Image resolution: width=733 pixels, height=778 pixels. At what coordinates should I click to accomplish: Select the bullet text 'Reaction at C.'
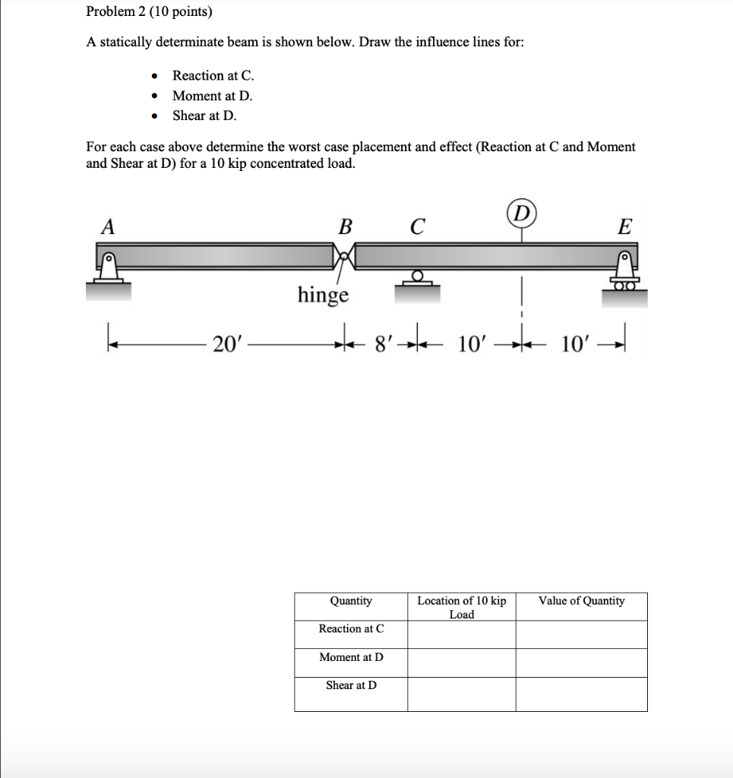213,75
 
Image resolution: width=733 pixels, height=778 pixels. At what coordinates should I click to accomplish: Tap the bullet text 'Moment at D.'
212,96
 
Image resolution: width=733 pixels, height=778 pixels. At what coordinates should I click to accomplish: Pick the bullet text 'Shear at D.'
204,115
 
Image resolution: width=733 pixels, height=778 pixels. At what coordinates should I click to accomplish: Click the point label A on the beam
109,226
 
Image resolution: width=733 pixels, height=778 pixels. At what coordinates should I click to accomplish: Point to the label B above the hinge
345,226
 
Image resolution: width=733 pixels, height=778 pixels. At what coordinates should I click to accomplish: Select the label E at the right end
624,226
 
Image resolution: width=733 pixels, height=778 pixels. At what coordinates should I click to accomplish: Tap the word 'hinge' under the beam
323,294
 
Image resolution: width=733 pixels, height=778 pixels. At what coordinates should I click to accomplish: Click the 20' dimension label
226,344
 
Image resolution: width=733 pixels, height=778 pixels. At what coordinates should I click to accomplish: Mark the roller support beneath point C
415,279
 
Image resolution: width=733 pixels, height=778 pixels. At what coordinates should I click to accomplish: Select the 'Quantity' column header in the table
351,601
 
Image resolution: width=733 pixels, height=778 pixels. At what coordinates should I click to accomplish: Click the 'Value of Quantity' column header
581,601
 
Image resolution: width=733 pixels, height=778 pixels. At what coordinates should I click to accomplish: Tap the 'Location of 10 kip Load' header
461,607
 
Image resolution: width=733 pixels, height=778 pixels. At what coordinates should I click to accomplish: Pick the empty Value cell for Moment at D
581,663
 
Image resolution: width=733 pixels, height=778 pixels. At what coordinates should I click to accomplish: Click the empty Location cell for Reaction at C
461,634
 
